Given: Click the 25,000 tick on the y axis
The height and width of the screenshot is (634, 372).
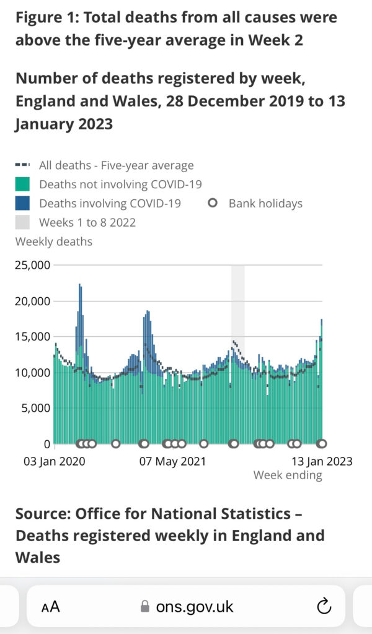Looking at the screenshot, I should click(x=33, y=265).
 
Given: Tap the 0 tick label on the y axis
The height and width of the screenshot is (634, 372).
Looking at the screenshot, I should click(x=46, y=444).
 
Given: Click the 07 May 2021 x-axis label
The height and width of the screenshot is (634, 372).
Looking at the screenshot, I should click(x=172, y=461).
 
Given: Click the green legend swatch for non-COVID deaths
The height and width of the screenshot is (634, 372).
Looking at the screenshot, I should click(x=22, y=185).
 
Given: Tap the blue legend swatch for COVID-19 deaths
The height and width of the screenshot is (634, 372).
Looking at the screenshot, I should click(x=22, y=203).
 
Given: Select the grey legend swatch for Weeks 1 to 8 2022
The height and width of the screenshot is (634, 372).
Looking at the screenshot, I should click(x=22, y=222).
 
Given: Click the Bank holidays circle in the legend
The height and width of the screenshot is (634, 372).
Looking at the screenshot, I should click(x=213, y=202).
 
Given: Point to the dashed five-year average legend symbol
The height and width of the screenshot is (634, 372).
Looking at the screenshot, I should click(x=22, y=165).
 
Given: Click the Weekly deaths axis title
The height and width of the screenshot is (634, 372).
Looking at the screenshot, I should click(x=53, y=241).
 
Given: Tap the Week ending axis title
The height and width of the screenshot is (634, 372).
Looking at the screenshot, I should click(x=288, y=475).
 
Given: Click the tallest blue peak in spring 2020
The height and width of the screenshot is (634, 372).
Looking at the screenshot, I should click(x=80, y=286).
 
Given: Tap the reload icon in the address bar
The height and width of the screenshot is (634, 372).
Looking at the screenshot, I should click(x=324, y=606).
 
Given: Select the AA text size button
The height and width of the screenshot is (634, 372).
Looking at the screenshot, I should click(x=51, y=607).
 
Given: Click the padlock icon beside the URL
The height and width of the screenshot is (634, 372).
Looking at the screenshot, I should click(x=145, y=606).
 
